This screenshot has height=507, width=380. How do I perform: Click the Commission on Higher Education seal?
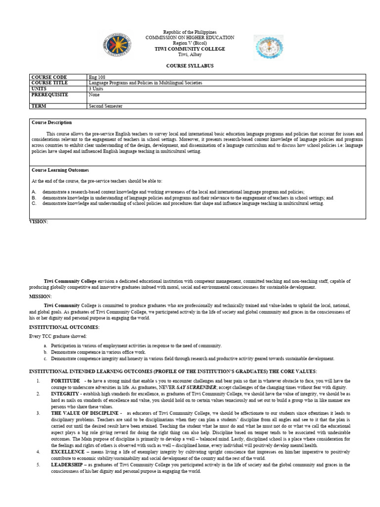[117, 45]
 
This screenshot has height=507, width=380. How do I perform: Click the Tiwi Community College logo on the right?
[269, 47]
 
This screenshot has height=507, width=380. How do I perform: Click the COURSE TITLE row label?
[49, 83]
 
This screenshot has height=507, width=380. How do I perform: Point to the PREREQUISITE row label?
[49, 95]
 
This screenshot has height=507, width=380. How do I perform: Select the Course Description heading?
[51, 122]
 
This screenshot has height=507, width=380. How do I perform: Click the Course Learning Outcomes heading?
[60, 170]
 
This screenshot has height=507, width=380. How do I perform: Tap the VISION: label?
[39, 222]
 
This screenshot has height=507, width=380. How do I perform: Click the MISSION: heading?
[41, 296]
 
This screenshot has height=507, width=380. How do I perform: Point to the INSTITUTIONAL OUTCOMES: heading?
[64, 327]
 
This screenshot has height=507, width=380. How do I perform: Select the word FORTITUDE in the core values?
[65, 380]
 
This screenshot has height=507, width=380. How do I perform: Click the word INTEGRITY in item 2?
[65, 393]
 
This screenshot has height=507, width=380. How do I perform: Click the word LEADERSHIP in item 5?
[68, 465]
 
